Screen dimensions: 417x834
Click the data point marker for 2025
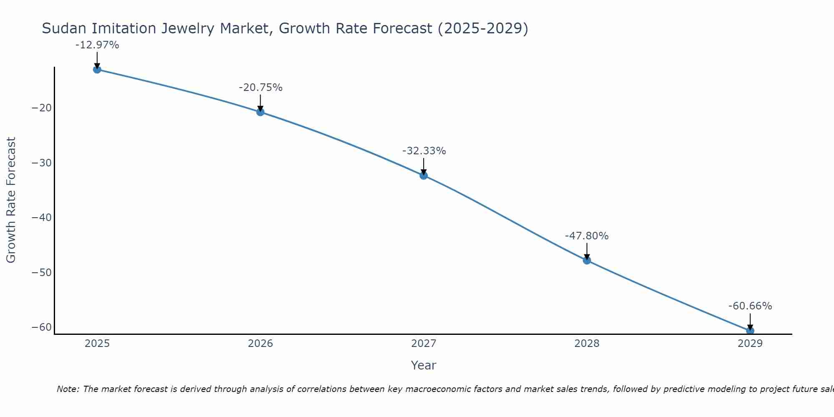click(x=97, y=69)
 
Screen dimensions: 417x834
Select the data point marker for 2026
click(x=260, y=112)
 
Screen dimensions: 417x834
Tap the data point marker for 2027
click(x=424, y=176)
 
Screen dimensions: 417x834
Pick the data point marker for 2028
click(x=587, y=260)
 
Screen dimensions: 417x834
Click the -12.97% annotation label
click(x=97, y=45)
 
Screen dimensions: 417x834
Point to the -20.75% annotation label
click(x=261, y=88)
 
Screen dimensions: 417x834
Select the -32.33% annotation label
click(x=424, y=151)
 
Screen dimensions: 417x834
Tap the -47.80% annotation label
click(x=587, y=236)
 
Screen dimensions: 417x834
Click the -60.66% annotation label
click(x=750, y=306)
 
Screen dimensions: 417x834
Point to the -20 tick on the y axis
click(x=42, y=108)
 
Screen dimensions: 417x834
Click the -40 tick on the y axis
click(x=42, y=218)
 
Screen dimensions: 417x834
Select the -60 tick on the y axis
click(x=42, y=327)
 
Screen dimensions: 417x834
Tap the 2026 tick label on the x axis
click(x=260, y=344)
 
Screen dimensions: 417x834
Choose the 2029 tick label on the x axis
click(x=750, y=344)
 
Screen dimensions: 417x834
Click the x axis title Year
click(x=423, y=365)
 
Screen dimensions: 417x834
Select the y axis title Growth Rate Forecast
click(x=11, y=200)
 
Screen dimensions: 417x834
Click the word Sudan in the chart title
click(x=64, y=29)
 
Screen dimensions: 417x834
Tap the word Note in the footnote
click(x=67, y=389)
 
